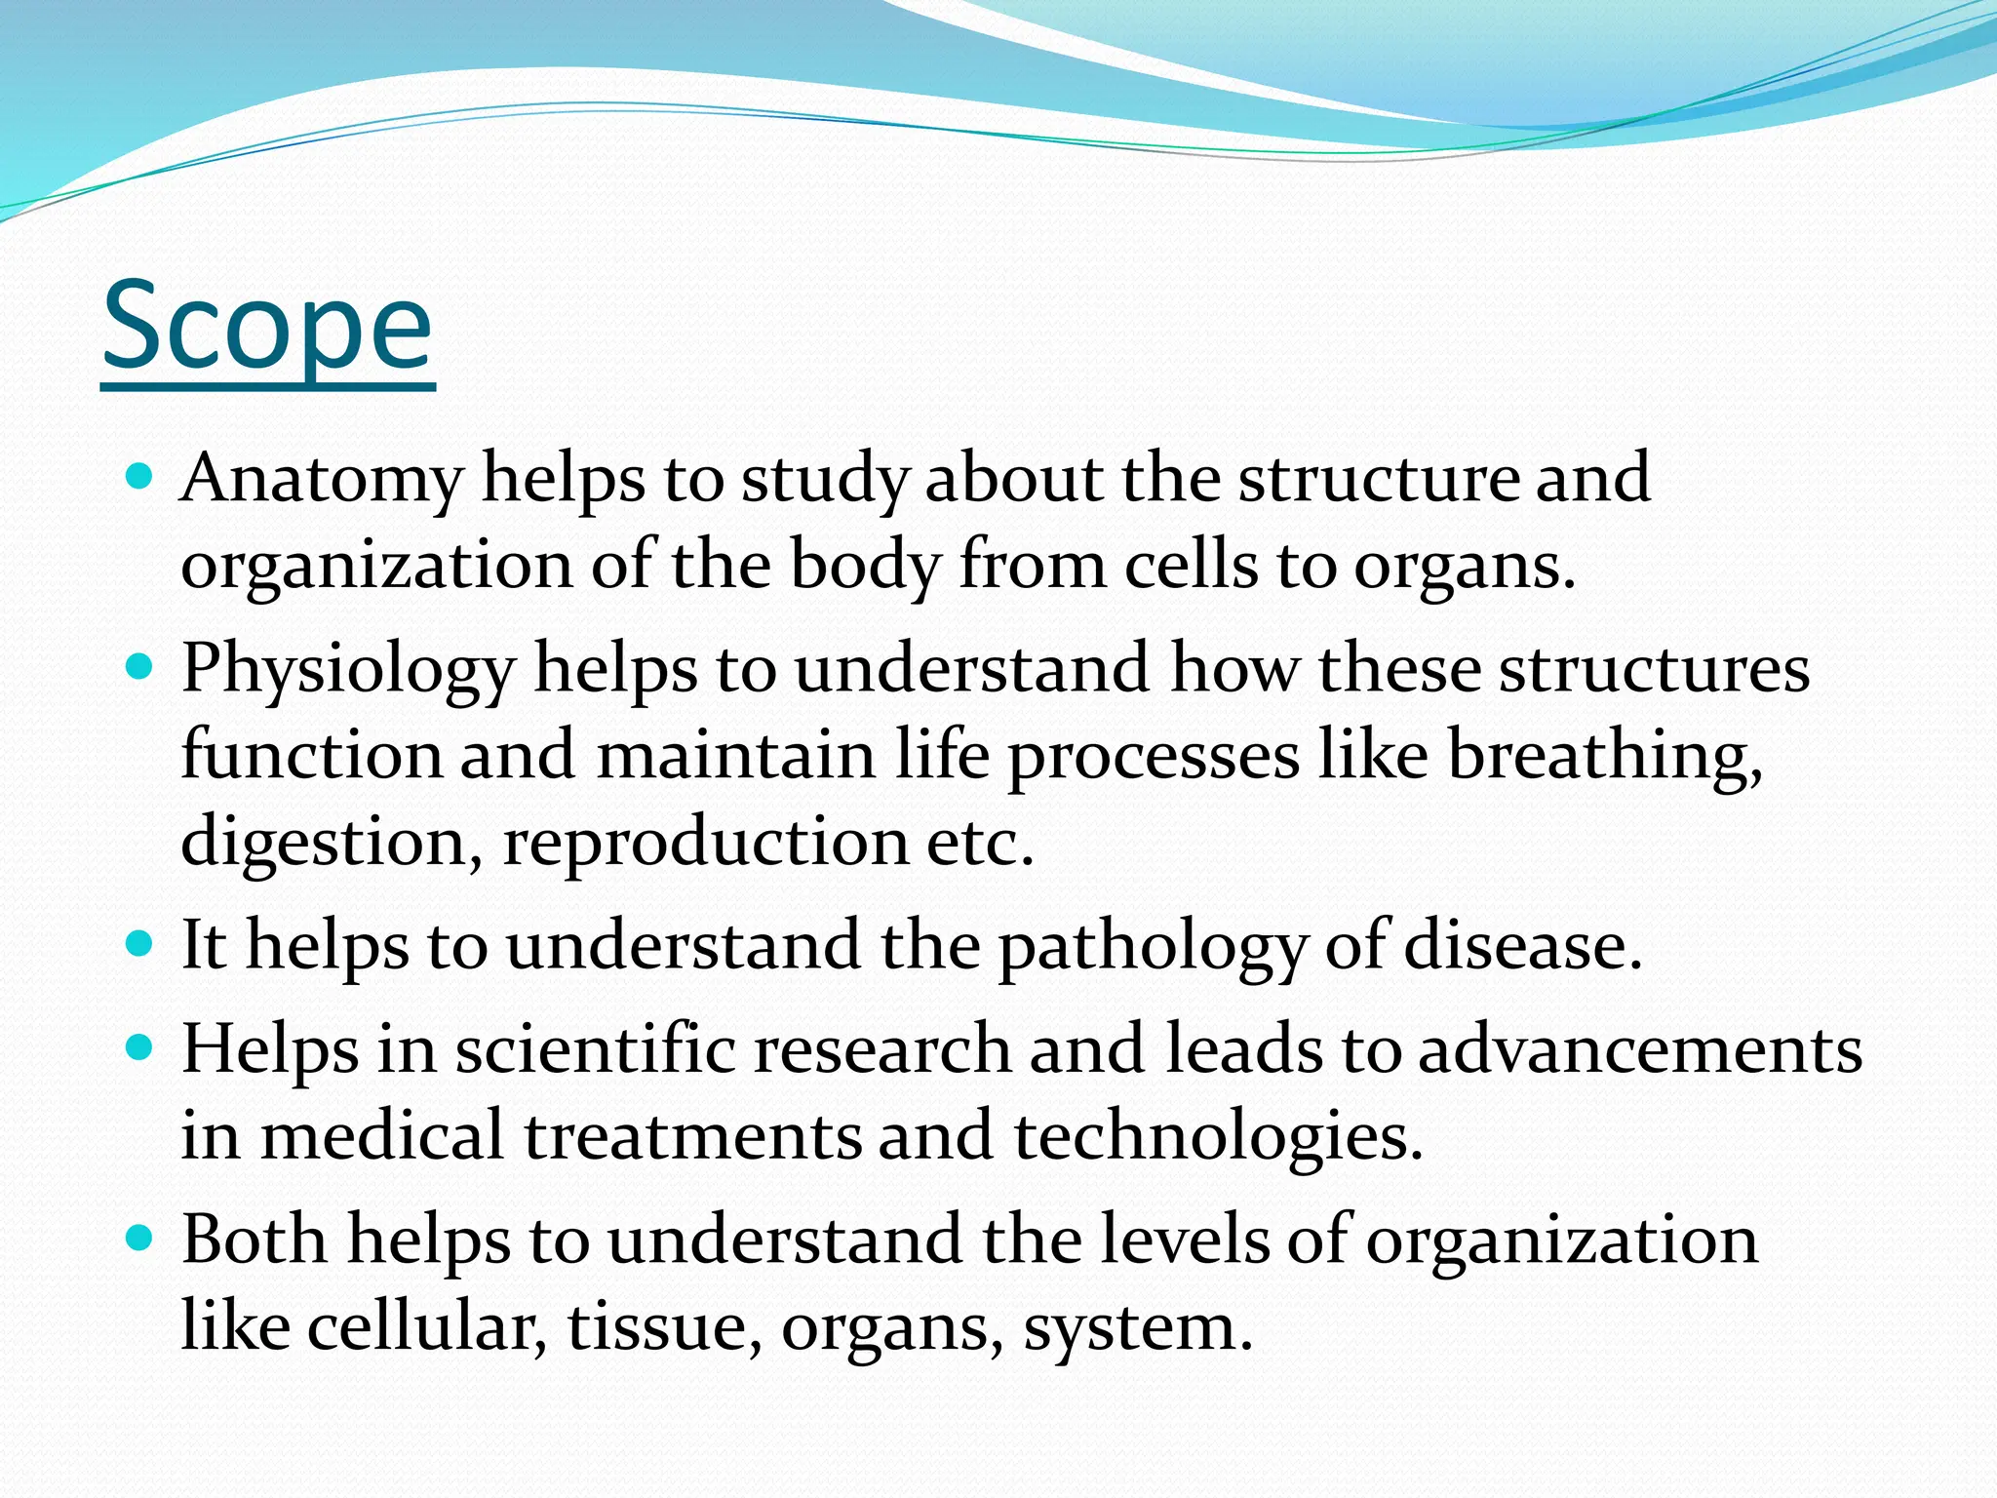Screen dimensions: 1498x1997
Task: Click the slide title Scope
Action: tap(267, 327)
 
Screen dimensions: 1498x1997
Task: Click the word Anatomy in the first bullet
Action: tap(321, 480)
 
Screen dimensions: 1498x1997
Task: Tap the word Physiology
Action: tap(347, 671)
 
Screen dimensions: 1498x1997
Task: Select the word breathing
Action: tap(1604, 757)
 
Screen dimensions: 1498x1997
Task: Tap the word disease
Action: tap(1521, 946)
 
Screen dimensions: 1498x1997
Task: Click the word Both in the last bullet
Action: tap(255, 1241)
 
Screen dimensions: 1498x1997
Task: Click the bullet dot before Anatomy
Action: tap(140, 477)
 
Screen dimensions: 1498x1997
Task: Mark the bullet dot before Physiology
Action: tap(140, 668)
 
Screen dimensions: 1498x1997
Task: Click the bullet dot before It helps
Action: tap(140, 944)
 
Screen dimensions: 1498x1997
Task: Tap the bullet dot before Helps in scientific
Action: tap(140, 1048)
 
